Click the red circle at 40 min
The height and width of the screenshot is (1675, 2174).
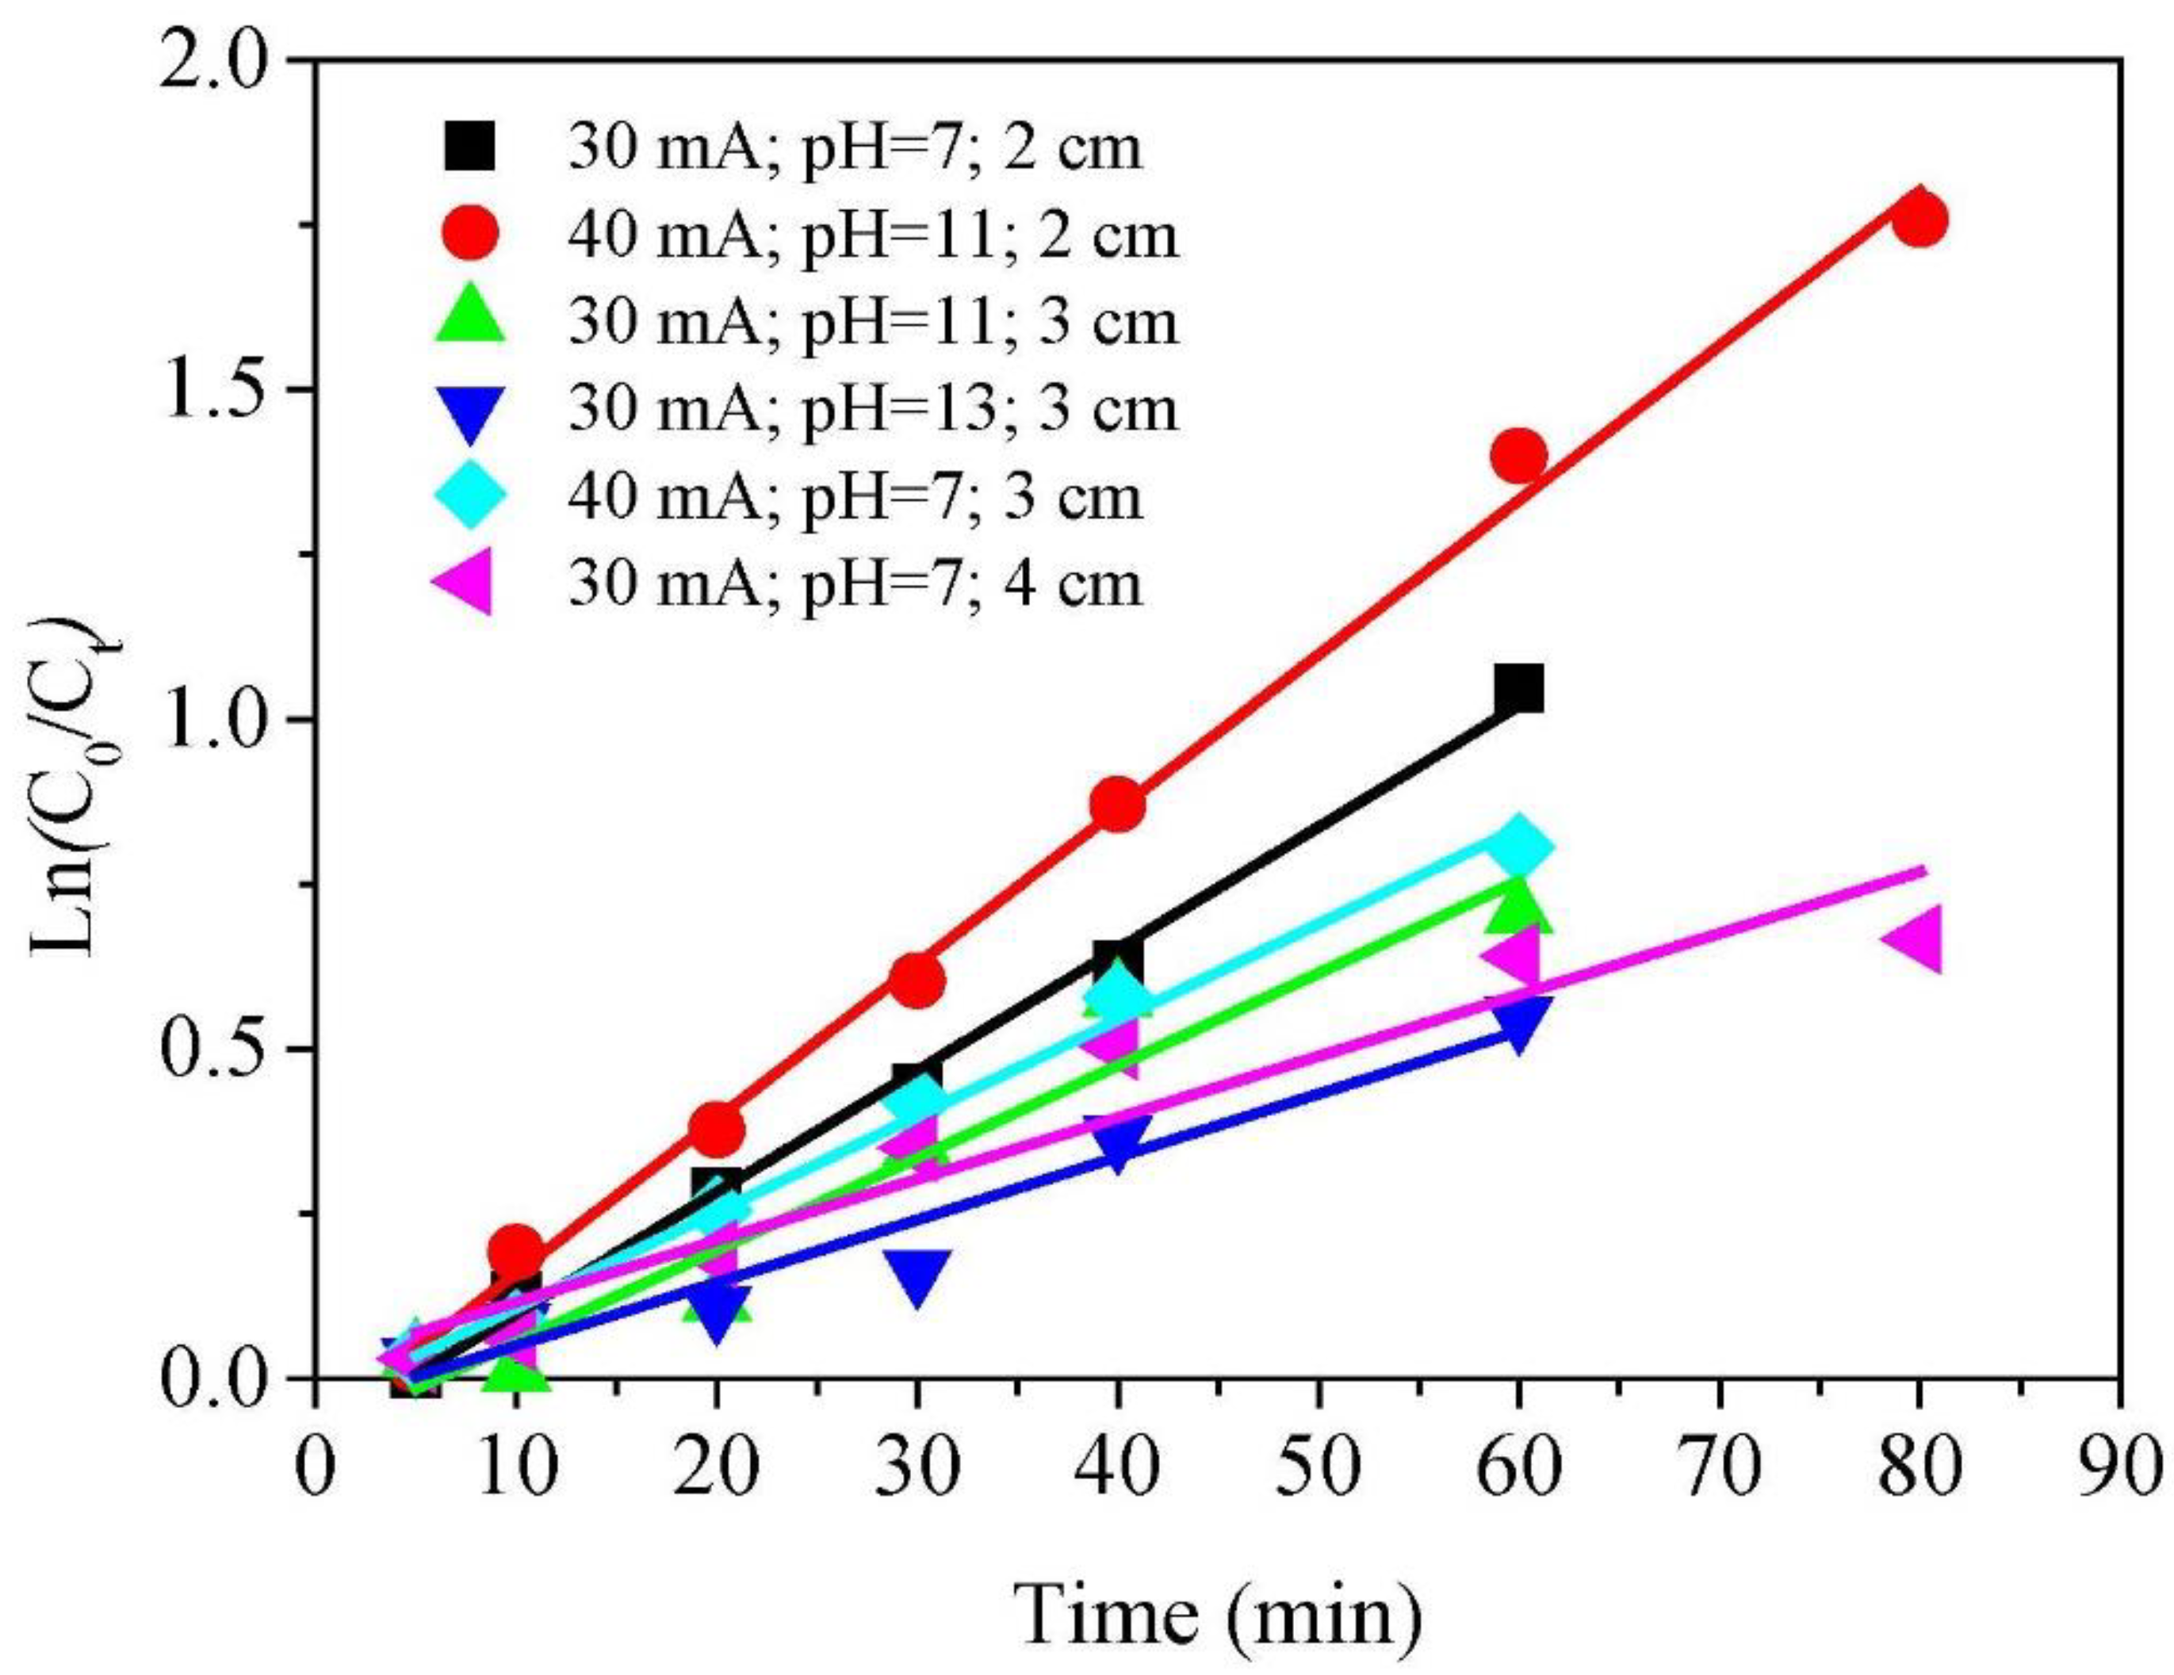(1118, 803)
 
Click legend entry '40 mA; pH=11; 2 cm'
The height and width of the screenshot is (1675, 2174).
(873, 237)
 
